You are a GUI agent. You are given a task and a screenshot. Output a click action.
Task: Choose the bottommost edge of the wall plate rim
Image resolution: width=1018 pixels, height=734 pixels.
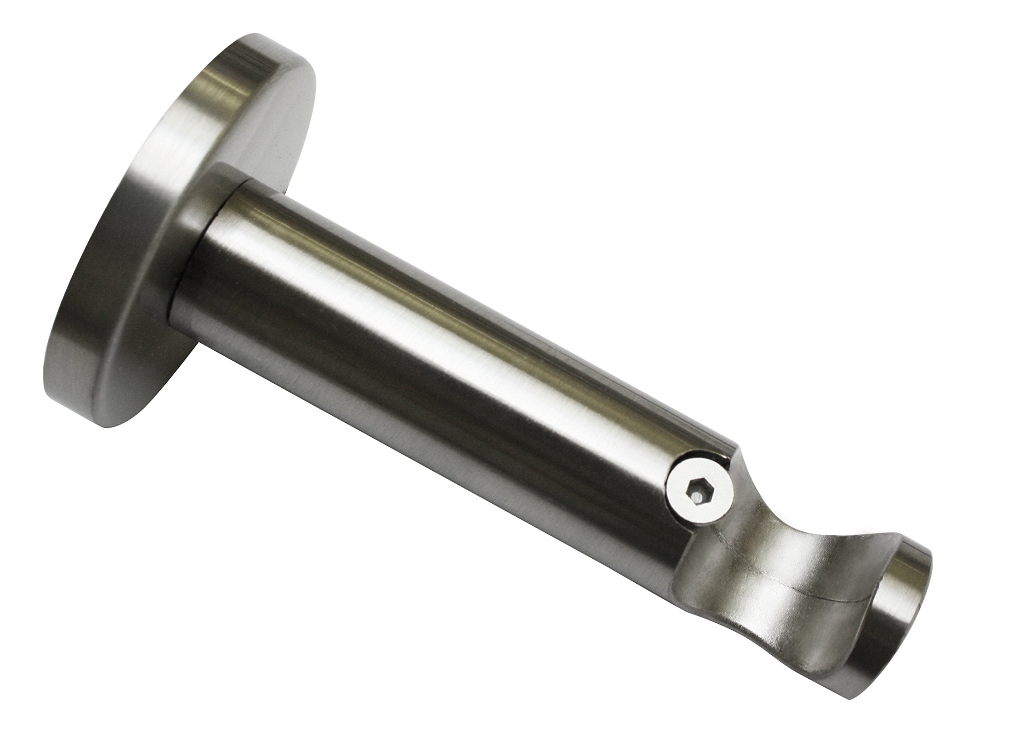click(x=112, y=424)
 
